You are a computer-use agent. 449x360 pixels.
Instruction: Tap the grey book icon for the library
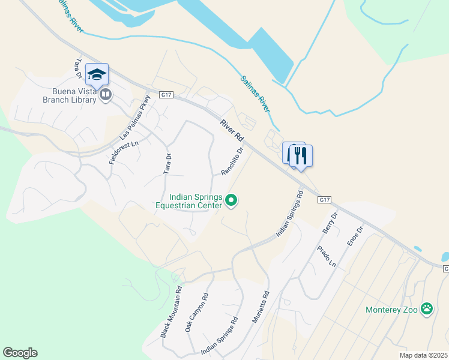tap(106, 94)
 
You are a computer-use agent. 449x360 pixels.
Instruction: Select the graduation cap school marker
tap(97, 74)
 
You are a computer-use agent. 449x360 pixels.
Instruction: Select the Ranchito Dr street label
tap(232, 161)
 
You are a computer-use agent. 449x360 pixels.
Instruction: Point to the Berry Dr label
tap(330, 223)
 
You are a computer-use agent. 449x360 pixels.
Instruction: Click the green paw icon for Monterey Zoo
tap(427, 309)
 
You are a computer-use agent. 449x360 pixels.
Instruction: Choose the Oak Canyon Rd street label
tap(196, 313)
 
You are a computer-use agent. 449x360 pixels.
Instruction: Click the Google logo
tap(20, 353)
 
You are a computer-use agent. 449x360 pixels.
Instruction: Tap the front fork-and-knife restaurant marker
tap(301, 156)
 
